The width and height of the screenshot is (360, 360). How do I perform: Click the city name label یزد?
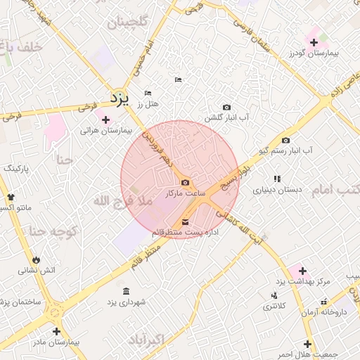coord(121,98)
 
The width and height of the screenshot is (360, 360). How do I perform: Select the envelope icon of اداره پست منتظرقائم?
coord(185,222)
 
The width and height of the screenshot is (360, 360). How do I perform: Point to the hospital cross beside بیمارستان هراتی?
coord(105,120)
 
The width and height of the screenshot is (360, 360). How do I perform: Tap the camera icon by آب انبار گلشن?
coord(226,107)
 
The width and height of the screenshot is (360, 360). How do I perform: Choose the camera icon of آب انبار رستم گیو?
coord(285,140)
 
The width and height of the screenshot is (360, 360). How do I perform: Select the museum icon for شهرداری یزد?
coord(126,291)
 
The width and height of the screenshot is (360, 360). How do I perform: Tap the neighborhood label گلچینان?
coord(127,22)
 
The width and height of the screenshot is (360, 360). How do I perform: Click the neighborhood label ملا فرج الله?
coord(122,202)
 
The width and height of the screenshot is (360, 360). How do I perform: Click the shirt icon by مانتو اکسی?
coord(10,196)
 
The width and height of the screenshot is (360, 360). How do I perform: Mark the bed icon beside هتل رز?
coord(148,93)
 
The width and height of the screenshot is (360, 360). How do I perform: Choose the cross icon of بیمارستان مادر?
coord(56,331)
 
